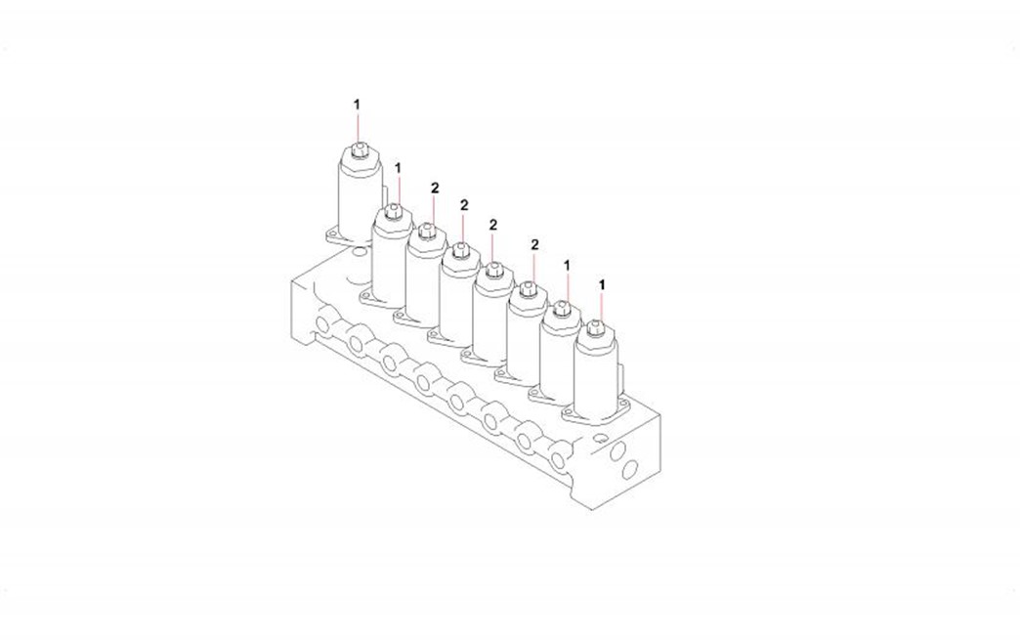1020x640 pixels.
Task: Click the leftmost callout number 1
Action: [x=357, y=105]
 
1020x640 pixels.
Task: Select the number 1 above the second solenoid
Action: [x=398, y=168]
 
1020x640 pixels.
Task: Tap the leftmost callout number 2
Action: [x=435, y=188]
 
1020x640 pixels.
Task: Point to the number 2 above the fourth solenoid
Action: [x=464, y=205]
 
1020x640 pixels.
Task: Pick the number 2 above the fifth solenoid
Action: [x=493, y=225]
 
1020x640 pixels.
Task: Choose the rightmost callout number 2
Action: [x=534, y=244]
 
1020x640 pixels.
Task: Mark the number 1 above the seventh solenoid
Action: [x=568, y=266]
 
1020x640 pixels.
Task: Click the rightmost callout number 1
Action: [x=602, y=285]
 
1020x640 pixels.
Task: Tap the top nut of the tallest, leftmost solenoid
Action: [x=358, y=149]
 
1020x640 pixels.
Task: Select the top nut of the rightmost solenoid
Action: [x=594, y=327]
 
